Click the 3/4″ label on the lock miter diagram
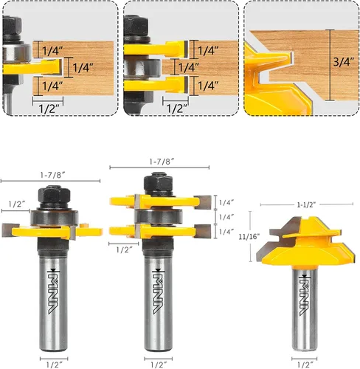point(344,62)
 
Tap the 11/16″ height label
point(249,236)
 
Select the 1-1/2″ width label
point(306,204)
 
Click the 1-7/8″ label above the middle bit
point(162,162)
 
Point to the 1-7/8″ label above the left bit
point(53,175)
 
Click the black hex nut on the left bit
point(55,194)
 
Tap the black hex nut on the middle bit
point(158,183)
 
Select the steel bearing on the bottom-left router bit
point(55,217)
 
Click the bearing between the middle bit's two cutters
point(159,217)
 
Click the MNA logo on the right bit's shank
point(305,295)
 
